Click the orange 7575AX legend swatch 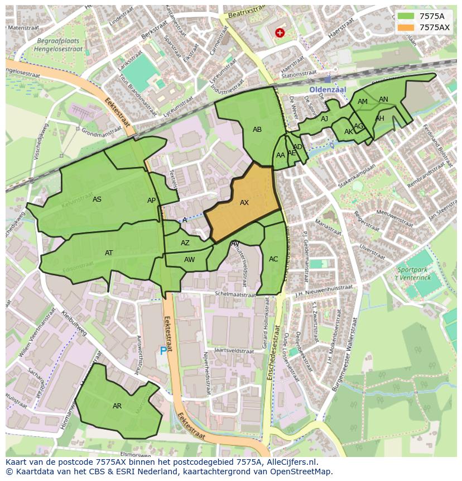(x=406, y=27)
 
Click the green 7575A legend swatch (x=406, y=16)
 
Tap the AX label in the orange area (x=244, y=203)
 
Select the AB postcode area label (x=257, y=130)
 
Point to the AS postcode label (x=97, y=199)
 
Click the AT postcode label (x=109, y=253)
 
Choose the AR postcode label (x=117, y=406)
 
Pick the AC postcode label (x=273, y=259)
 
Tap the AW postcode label (x=190, y=260)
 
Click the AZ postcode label (x=185, y=243)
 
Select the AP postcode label (x=151, y=201)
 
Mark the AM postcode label (x=363, y=102)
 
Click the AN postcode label (x=383, y=99)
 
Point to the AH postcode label (x=379, y=118)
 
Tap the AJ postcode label (x=324, y=119)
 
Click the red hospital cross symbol (x=280, y=33)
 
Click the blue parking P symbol (x=163, y=351)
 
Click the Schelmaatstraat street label (x=238, y=294)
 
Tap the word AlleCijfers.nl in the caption (x=290, y=462)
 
